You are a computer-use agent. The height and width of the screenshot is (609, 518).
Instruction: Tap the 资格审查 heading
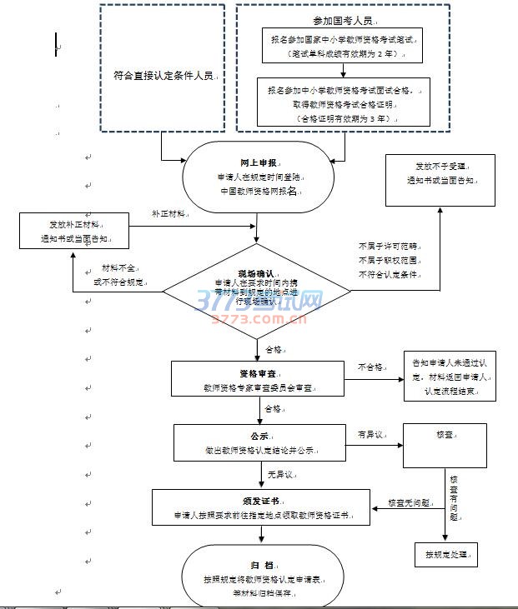point(258,373)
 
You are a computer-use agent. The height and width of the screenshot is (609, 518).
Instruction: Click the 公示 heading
point(258,435)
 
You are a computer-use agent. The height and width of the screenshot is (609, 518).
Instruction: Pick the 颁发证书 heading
point(260,502)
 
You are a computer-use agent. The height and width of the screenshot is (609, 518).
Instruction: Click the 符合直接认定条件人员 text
point(163,76)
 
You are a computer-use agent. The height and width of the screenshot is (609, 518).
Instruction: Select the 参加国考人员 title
point(342,21)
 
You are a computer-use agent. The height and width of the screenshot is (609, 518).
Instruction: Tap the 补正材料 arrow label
point(168,214)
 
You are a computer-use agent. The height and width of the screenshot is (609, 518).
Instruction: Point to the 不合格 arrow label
point(370,367)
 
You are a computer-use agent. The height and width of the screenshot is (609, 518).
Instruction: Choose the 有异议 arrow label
point(370,434)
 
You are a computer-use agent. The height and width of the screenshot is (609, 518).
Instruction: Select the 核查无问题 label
point(409,503)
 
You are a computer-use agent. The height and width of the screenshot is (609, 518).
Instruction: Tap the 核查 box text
point(443,434)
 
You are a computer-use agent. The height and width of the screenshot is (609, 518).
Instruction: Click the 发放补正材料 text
point(74,224)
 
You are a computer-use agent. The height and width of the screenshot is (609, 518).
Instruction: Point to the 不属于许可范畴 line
point(389,247)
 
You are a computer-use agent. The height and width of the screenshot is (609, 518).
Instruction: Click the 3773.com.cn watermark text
point(259,318)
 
